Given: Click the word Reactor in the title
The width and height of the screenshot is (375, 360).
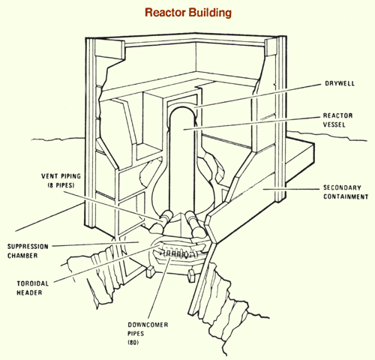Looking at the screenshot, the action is [166, 12].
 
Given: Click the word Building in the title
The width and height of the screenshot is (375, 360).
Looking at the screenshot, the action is [210, 13].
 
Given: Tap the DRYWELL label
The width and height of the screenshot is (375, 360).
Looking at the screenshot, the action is [340, 83].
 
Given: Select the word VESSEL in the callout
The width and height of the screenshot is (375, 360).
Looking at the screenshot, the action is [334, 124].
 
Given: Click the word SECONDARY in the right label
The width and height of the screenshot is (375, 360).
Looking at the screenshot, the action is [342, 187].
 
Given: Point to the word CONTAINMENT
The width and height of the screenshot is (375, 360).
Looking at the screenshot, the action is [346, 196].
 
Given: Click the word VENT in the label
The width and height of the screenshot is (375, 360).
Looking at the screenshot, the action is [49, 176].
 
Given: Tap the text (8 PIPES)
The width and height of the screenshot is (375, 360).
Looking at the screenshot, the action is [61, 185].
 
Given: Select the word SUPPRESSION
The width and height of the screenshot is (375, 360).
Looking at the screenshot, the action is [28, 247].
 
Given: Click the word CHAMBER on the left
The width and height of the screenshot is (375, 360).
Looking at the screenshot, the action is [22, 256].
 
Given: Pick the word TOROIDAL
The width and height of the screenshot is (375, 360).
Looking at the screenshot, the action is [33, 283].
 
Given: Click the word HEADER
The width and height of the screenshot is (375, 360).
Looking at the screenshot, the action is [29, 292].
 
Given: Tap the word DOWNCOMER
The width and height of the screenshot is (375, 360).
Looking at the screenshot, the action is [148, 325].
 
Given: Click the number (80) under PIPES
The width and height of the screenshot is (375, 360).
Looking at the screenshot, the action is [133, 343].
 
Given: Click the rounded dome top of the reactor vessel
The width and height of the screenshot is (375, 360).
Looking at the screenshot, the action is [181, 109].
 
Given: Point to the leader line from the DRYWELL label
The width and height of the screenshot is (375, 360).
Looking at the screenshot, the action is [258, 96].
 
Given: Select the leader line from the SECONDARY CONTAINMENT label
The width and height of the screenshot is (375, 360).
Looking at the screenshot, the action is [291, 189].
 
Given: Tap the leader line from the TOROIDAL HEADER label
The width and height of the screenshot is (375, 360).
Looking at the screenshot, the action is [106, 264].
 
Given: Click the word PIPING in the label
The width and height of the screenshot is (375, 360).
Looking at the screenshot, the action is [70, 176].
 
